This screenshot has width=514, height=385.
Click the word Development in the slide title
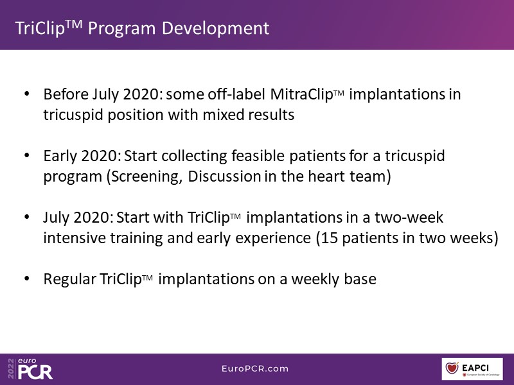click(x=215, y=28)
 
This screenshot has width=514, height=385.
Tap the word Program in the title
click(x=121, y=29)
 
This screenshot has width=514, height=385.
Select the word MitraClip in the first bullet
click(x=301, y=94)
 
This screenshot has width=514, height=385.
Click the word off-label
click(x=236, y=94)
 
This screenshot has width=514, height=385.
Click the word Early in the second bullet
click(x=60, y=156)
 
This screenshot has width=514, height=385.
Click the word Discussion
click(x=224, y=176)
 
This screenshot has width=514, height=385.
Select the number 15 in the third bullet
click(x=330, y=238)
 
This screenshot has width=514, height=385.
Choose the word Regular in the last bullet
click(x=70, y=280)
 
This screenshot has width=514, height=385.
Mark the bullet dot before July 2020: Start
click(x=27, y=217)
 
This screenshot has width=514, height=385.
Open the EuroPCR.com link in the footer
click(x=255, y=368)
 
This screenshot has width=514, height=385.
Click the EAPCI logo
click(x=472, y=369)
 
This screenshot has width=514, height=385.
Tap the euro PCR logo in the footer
click(x=30, y=368)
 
